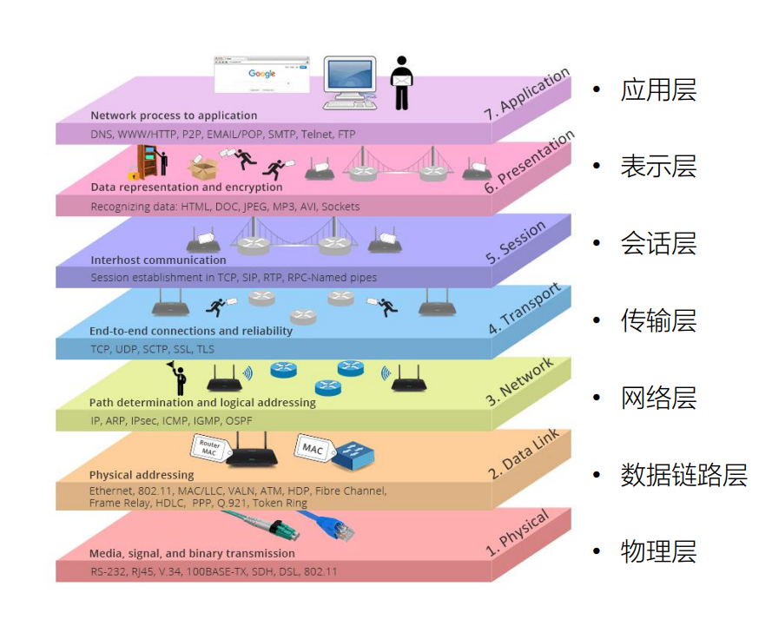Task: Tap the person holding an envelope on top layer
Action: click(x=400, y=82)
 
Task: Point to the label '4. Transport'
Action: click(x=525, y=309)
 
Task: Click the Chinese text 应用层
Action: click(x=658, y=90)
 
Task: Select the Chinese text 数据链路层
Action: click(x=683, y=475)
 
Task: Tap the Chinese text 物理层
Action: click(x=658, y=551)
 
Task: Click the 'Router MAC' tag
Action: click(x=209, y=447)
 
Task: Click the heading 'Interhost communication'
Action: click(x=158, y=260)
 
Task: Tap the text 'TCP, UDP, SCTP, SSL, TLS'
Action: click(x=152, y=349)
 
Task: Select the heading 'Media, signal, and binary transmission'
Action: click(x=192, y=553)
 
